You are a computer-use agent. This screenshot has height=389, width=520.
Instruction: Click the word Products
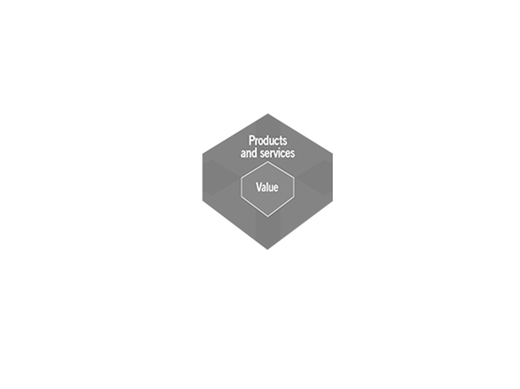pyautogui.click(x=268, y=140)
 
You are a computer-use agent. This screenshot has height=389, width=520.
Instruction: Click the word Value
pyautogui.click(x=267, y=187)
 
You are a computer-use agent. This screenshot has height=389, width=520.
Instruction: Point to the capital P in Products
pyautogui.click(x=252, y=140)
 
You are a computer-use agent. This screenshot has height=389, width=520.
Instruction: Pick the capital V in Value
pyautogui.click(x=259, y=187)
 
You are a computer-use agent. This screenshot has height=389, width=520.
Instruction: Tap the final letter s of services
pyautogui.click(x=293, y=154)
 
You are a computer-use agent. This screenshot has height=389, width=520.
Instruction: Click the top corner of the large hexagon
pyautogui.click(x=268, y=114)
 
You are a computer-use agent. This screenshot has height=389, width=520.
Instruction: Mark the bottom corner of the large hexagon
pyautogui.click(x=268, y=249)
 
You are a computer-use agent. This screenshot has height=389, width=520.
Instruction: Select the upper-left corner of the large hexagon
pyautogui.click(x=202, y=154)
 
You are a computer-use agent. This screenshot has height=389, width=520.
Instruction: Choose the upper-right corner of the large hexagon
pyautogui.click(x=333, y=154)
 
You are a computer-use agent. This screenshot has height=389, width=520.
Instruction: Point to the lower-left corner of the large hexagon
pyautogui.click(x=202, y=201)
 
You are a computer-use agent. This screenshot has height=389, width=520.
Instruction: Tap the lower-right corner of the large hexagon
pyautogui.click(x=333, y=201)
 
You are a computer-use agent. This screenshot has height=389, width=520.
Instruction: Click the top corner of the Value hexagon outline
pyautogui.click(x=268, y=162)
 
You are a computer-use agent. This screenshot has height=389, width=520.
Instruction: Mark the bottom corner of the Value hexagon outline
pyautogui.click(x=268, y=217)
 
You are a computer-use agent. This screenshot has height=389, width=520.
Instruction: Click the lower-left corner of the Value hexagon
pyautogui.click(x=241, y=198)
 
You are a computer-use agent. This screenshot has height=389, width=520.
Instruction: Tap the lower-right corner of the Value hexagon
pyautogui.click(x=294, y=198)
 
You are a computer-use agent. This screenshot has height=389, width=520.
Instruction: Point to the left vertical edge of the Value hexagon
pyautogui.click(x=241, y=188)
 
